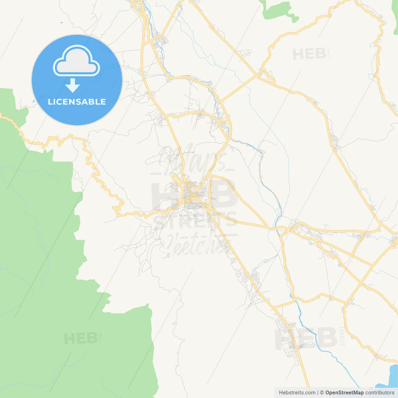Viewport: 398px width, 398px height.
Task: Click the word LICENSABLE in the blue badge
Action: pyautogui.click(x=77, y=102)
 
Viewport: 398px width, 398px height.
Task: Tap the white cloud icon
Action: pyautogui.click(x=76, y=61)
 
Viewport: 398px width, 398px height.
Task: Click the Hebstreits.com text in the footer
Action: pyautogui.click(x=297, y=393)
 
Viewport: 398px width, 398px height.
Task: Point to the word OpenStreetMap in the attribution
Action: pyautogui.click(x=344, y=393)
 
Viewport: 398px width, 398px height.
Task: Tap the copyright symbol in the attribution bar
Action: pyautogui.click(x=322, y=393)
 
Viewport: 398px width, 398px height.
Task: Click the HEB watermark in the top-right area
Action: pyautogui.click(x=309, y=54)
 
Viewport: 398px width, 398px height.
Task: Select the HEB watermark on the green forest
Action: pyautogui.click(x=81, y=339)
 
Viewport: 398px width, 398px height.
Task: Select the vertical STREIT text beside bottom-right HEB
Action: pyautogui.click(x=342, y=336)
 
